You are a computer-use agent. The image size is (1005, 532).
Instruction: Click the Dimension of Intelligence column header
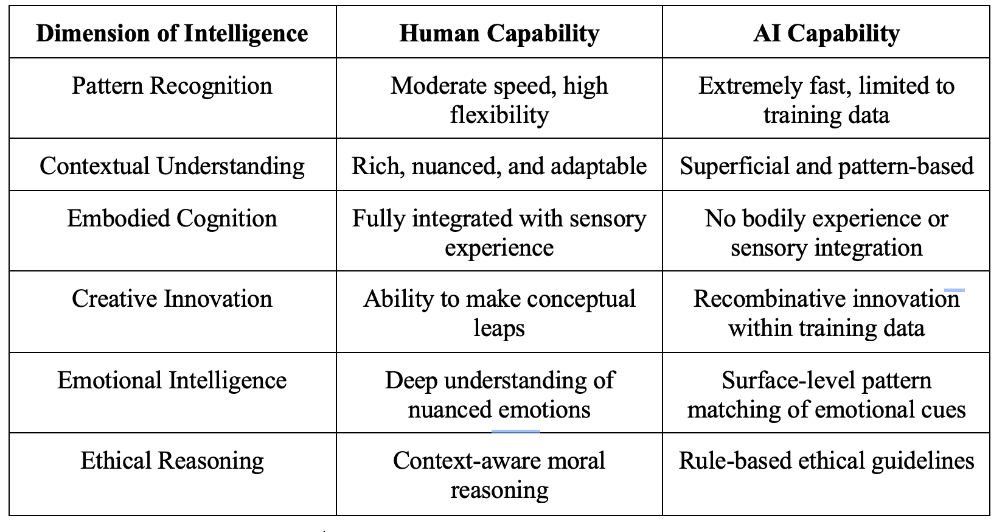[172, 33]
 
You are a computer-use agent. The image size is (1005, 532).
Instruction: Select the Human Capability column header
[499, 33]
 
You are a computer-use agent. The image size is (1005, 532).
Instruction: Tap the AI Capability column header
[826, 33]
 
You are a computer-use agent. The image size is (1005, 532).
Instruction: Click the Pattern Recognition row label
[172, 86]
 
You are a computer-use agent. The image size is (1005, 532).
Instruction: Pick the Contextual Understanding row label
[172, 166]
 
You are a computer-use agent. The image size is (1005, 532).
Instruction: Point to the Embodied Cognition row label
[172, 219]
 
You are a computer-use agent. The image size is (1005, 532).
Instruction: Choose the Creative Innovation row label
[172, 299]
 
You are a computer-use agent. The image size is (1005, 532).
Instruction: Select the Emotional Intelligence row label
[172, 380]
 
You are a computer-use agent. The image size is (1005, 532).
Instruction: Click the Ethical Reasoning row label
[172, 461]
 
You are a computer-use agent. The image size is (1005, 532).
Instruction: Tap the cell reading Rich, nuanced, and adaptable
[499, 166]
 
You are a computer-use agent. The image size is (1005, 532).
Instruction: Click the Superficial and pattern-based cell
[826, 166]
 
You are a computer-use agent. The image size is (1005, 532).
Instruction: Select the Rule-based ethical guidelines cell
[826, 461]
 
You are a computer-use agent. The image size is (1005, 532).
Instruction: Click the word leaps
[499, 328]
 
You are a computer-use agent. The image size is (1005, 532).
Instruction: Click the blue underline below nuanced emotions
[515, 431]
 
